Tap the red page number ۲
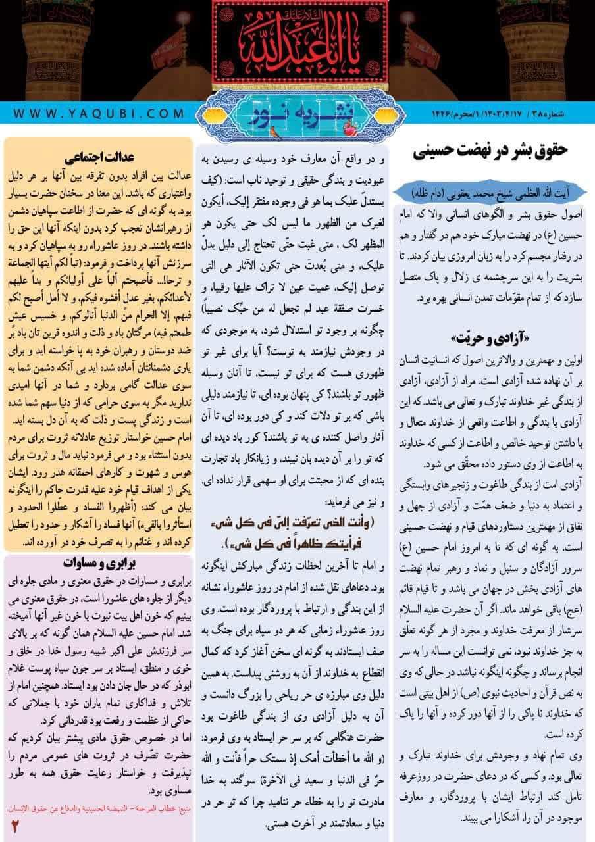14,825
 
